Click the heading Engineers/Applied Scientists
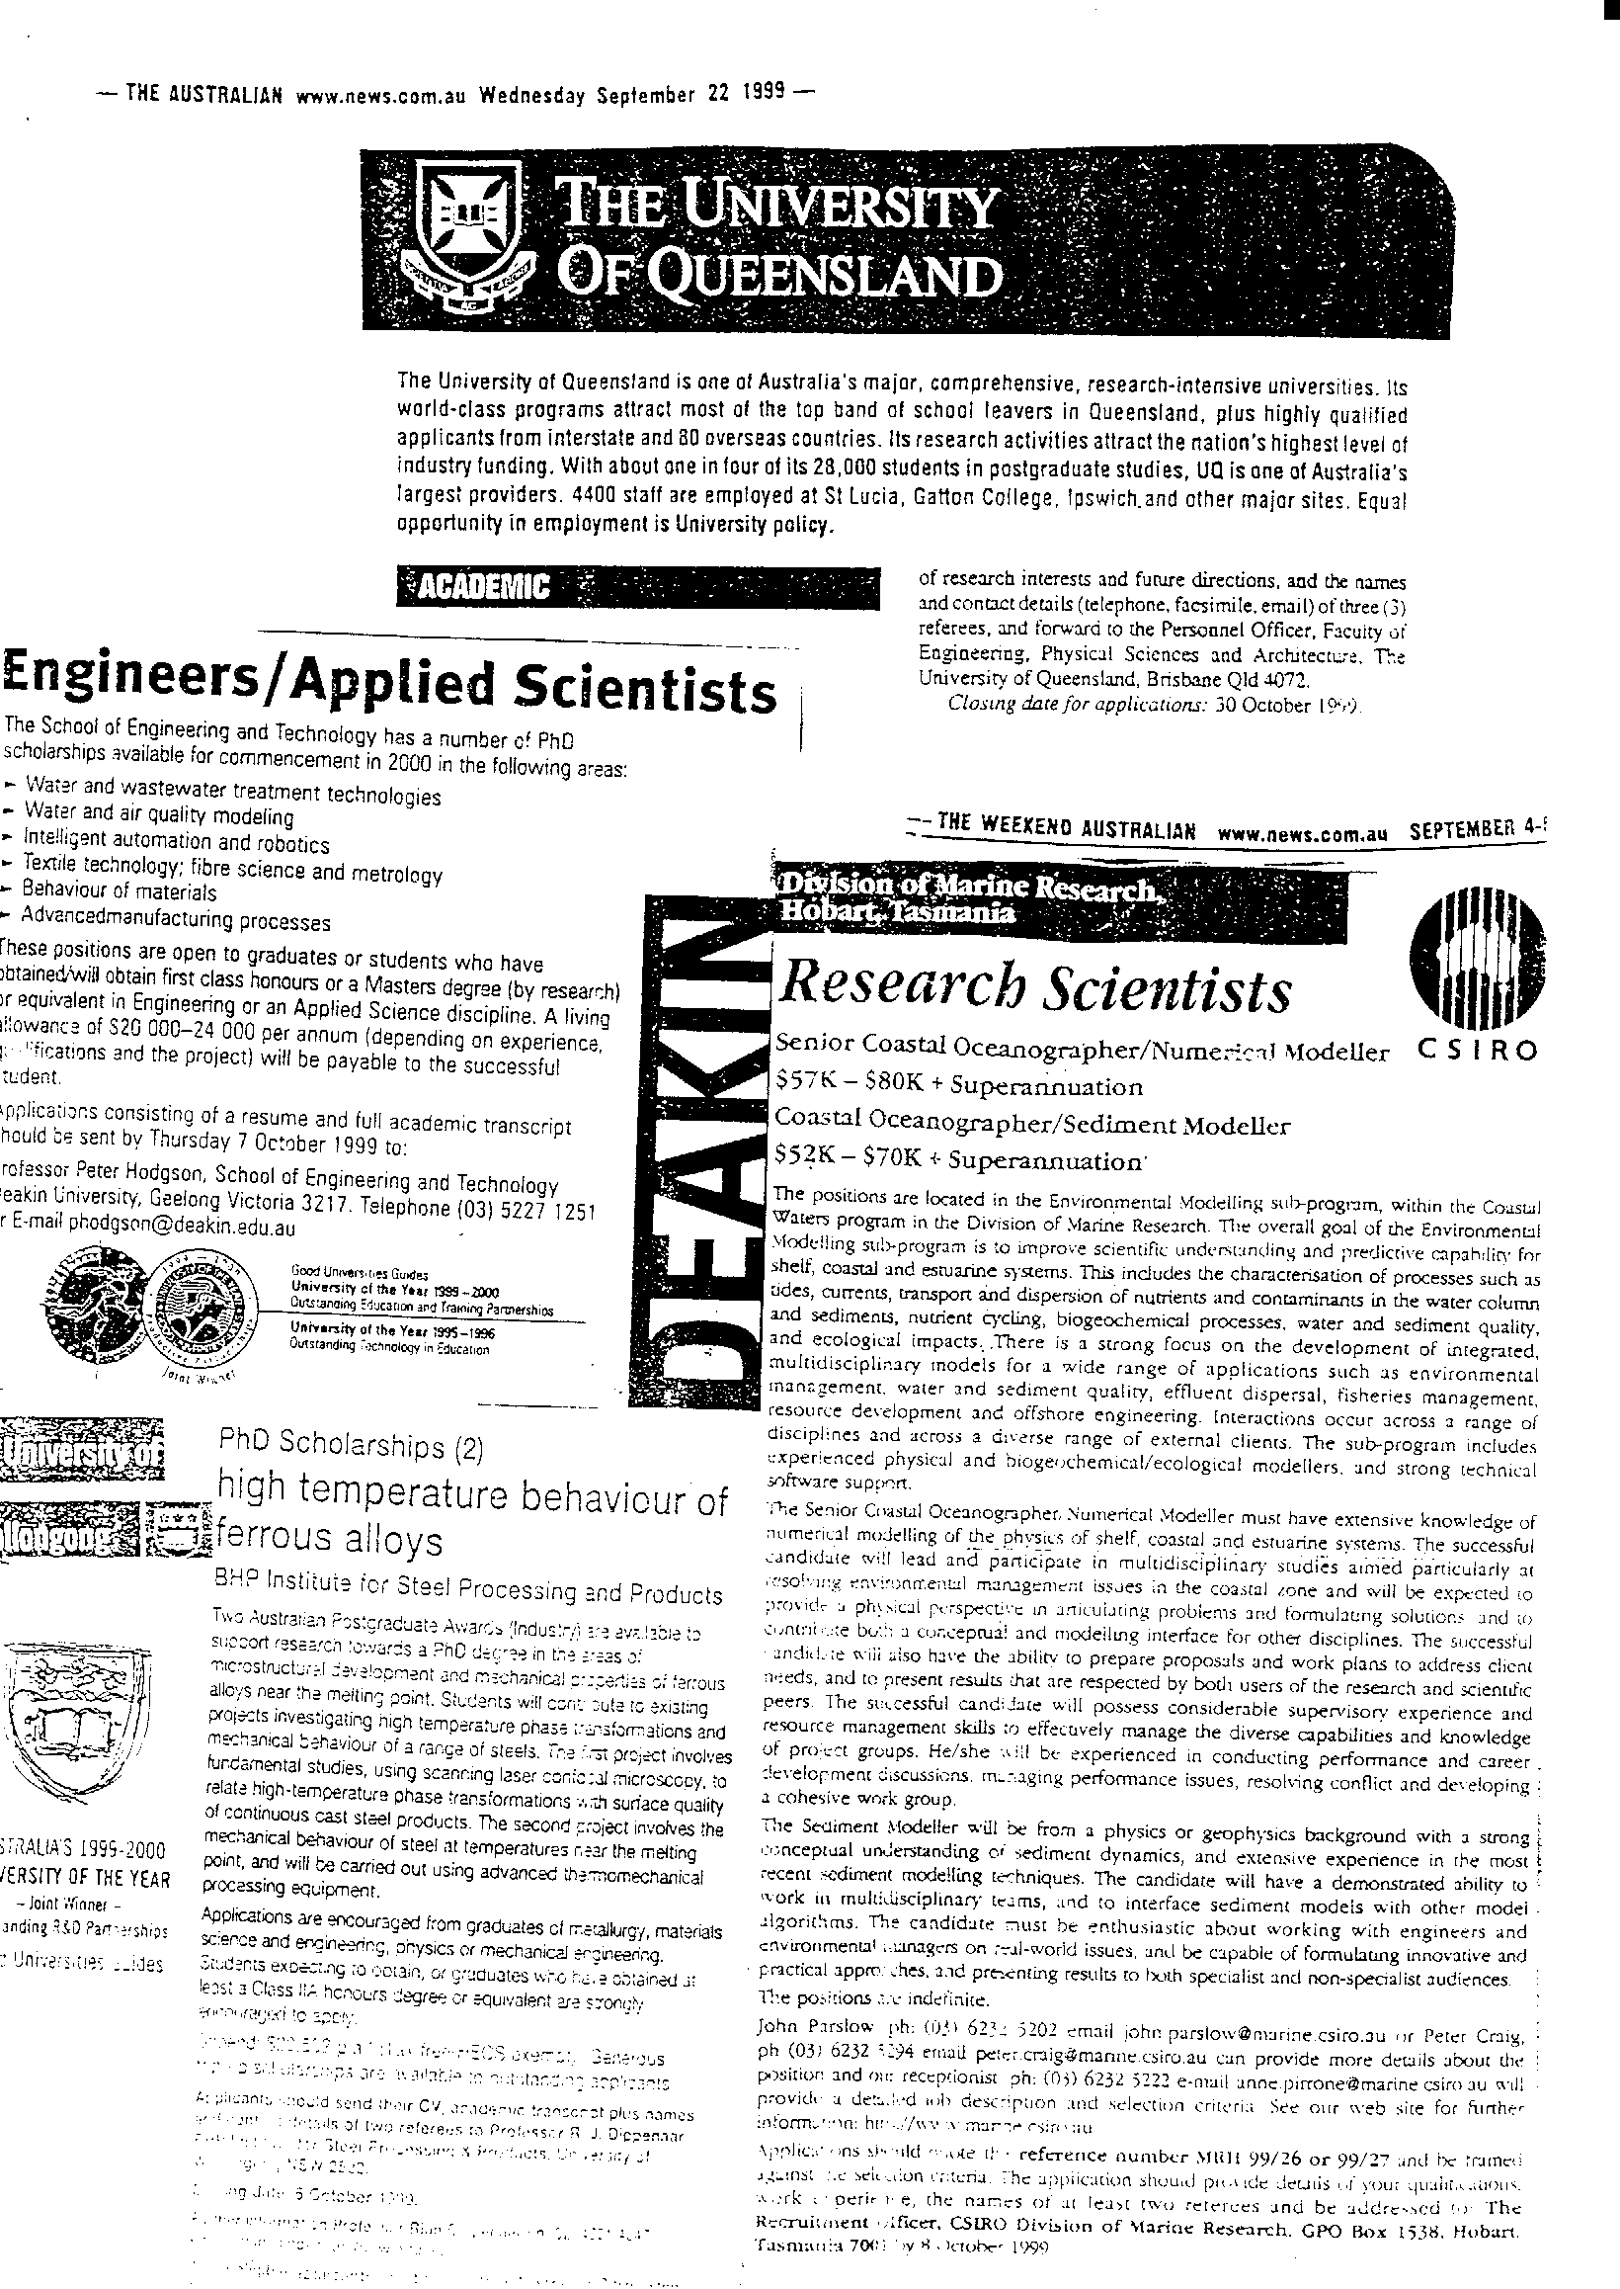coord(389,687)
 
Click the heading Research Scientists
coord(1034,990)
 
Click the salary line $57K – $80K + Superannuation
coord(958,1085)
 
